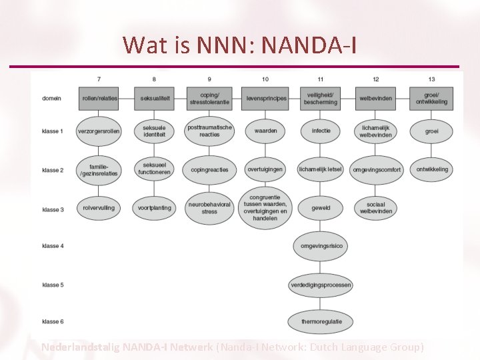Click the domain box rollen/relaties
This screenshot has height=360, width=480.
point(99,99)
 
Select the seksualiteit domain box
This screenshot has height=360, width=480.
point(154,99)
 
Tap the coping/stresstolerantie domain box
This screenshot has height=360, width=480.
point(209,98)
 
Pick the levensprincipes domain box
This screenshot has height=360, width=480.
point(265,99)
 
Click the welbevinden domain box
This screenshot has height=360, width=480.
point(376,99)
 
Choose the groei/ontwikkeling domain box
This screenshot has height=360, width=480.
point(432,98)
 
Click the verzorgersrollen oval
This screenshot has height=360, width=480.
point(99,131)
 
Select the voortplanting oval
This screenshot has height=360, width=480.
point(154,208)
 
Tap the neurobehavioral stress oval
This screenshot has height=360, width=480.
point(209,208)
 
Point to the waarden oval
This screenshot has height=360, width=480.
point(265,131)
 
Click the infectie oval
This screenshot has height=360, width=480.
point(321,131)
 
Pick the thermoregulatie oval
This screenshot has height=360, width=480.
point(321,321)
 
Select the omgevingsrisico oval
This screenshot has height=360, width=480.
point(321,246)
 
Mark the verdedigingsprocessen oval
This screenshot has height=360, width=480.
point(321,285)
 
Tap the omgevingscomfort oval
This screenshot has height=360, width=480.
point(377,169)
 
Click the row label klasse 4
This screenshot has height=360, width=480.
point(53,246)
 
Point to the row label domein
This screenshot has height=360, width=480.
point(51,99)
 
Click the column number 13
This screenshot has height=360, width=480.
point(432,80)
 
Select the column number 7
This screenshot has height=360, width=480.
point(99,80)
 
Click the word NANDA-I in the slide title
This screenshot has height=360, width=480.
point(310,45)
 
